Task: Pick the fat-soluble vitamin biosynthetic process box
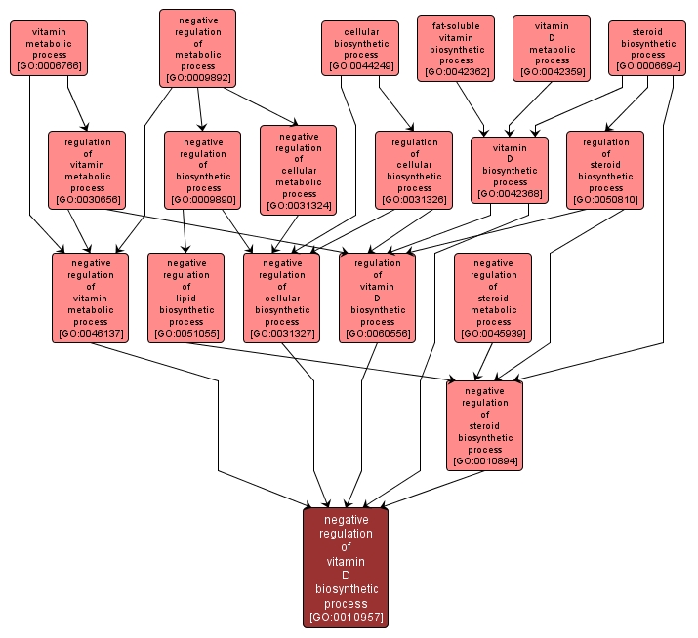pos(456,48)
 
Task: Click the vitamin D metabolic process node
pos(552,48)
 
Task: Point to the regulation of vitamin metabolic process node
pos(87,170)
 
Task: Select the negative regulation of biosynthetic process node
pos(202,171)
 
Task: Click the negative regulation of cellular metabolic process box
pos(299,170)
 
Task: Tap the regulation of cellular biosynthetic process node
pos(414,170)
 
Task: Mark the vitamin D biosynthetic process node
pos(510,170)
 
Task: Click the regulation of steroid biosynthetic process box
pos(605,170)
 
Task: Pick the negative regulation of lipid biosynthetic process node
pos(186,298)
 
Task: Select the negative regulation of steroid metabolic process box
pos(493,298)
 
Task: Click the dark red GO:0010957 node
pos(346,568)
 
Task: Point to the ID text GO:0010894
pos(485,460)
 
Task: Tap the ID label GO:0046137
pos(90,334)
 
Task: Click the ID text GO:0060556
pos(378,334)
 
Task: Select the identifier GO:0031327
pos(282,334)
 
